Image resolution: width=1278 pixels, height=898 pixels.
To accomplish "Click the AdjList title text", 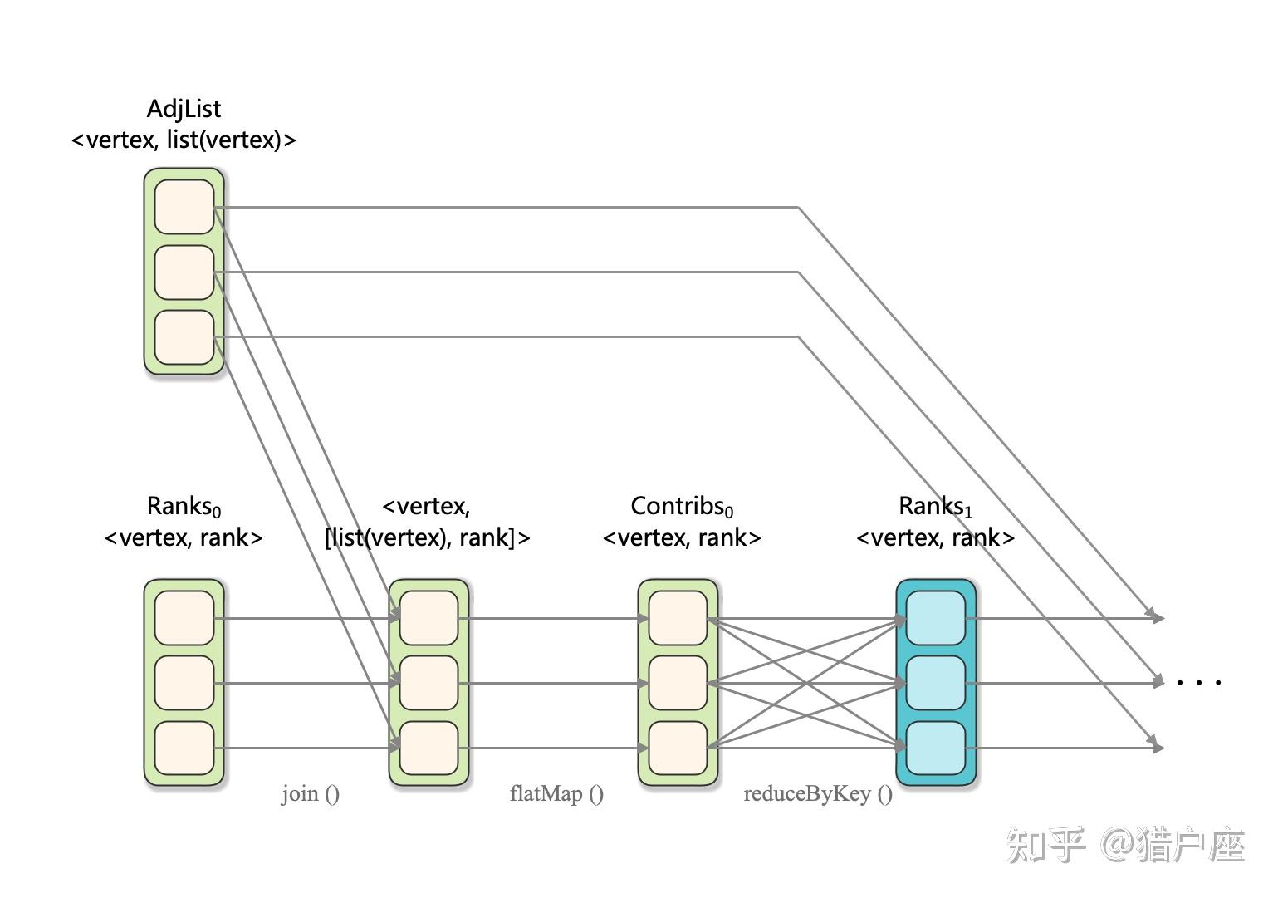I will point(184,109).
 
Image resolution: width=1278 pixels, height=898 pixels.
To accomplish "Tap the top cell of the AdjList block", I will point(184,207).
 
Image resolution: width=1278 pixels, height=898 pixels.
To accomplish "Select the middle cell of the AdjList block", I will point(184,272).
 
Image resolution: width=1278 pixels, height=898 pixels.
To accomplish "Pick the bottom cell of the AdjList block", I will point(184,336).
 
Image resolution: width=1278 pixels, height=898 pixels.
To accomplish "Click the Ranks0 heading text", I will point(184,506).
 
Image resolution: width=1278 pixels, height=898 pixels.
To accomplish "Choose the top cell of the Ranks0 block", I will point(184,617).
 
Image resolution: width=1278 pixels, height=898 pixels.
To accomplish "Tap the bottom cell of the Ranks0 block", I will point(184,748).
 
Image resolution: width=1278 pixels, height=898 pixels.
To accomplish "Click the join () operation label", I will point(310,794).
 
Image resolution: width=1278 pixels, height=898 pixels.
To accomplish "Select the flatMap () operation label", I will point(556,794).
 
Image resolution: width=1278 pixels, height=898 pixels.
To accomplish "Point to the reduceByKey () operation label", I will point(818,794).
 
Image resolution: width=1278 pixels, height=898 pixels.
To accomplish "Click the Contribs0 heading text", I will point(682,506).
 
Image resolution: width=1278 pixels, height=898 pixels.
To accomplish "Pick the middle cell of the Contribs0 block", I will point(678,683).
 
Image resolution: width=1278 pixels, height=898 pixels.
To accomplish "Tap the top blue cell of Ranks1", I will point(935,617).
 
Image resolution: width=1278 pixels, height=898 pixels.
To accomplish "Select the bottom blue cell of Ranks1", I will point(935,748).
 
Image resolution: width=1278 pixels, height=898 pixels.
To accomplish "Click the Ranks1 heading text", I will point(935,506).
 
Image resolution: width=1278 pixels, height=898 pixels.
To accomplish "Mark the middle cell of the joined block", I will point(428,683).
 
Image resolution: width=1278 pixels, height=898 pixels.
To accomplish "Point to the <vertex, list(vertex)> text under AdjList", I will point(184,140).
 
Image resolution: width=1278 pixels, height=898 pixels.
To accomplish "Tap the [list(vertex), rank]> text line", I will point(427,538).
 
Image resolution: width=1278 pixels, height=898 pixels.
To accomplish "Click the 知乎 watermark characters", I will point(1045,846).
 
